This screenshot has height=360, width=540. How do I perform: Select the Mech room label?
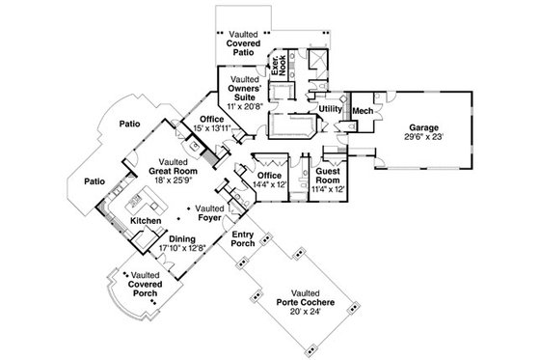pyautogui.click(x=363, y=112)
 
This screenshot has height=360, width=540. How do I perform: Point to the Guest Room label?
pyautogui.click(x=331, y=176)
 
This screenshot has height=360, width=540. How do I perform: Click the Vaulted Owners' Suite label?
pyautogui.click(x=245, y=88)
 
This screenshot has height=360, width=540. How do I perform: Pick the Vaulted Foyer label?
pyautogui.click(x=210, y=212)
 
